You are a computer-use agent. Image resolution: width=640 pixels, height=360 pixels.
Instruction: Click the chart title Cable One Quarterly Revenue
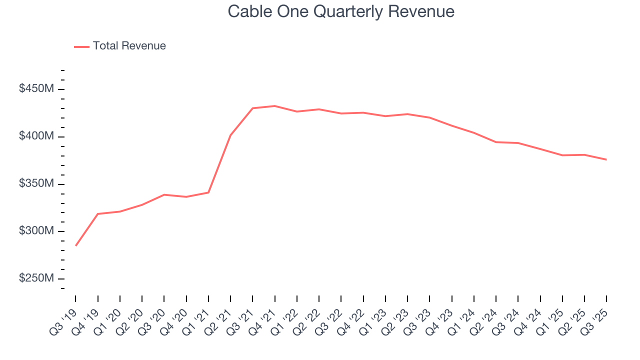pos(341,11)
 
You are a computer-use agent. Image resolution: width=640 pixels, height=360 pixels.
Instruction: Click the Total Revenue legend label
pos(129,46)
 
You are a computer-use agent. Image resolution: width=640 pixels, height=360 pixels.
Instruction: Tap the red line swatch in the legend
pos(81,46)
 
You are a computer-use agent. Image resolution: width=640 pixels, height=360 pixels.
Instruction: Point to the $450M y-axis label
pos(36,89)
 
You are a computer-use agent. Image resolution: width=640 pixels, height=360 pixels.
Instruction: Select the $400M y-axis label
pos(36,136)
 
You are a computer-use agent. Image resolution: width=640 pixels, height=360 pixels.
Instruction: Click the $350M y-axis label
pos(36,184)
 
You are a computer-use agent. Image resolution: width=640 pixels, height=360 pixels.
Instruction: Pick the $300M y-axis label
pos(36,231)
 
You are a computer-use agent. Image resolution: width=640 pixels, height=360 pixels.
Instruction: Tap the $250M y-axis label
pos(36,278)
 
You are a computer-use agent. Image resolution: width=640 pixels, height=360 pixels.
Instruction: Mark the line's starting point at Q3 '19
pos(76,245)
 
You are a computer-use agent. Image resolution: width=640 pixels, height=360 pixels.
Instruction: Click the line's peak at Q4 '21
pos(274,106)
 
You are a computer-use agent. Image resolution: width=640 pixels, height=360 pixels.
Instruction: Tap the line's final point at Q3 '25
pos(606,159)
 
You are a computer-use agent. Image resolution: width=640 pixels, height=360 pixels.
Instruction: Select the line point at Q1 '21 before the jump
pos(208,192)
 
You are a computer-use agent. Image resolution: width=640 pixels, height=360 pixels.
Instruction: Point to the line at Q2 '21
pos(230,135)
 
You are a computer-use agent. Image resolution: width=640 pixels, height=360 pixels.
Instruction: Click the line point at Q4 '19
pos(98,214)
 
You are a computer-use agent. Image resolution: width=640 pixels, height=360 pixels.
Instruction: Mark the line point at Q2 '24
pos(495,142)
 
